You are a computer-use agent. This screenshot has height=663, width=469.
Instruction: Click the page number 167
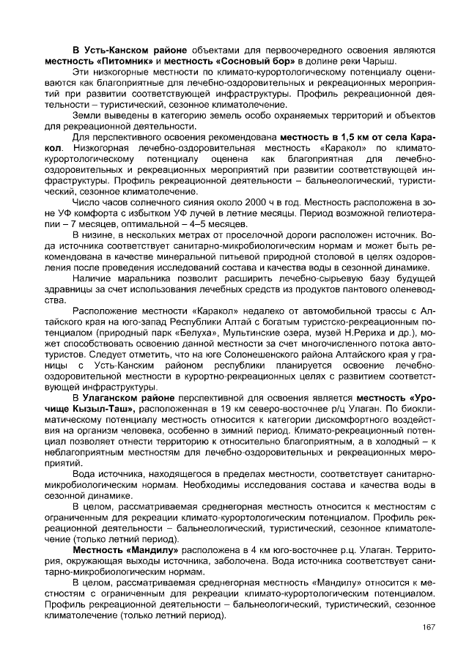[429, 626]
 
